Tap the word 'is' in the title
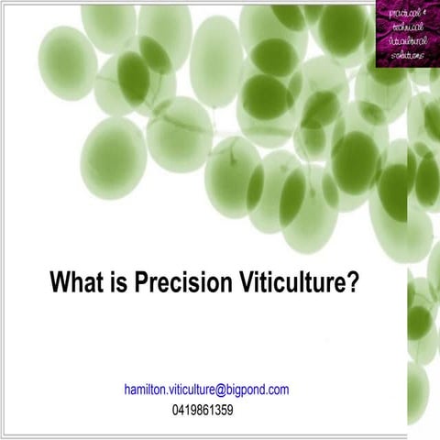pos(119,280)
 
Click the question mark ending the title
pos(352,280)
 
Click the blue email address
pos(206,390)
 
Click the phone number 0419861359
pos(203,410)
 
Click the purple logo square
pos(406,33)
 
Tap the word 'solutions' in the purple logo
pos(404,54)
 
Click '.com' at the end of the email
pos(278,390)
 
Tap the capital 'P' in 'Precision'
pos(142,280)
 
